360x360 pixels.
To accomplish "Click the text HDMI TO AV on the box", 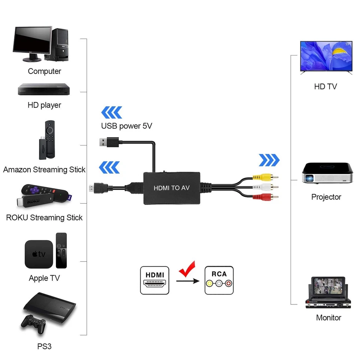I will pyautogui.click(x=171, y=188).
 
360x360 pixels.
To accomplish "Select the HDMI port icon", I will pyautogui.click(x=154, y=280).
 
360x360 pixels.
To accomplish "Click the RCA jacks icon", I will pyautogui.click(x=219, y=280).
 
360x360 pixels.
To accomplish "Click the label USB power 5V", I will pyautogui.click(x=126, y=126).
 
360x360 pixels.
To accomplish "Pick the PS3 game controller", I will pyautogui.click(x=33, y=324).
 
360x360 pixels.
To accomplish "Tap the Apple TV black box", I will pyautogui.click(x=39, y=254).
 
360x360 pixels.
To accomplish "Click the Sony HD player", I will pyautogui.click(x=44, y=89).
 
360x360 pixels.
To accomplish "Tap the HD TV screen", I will pyautogui.click(x=326, y=56).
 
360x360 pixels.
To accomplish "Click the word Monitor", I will pyautogui.click(x=328, y=318).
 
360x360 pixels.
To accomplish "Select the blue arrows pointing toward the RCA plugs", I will pyautogui.click(x=269, y=160).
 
